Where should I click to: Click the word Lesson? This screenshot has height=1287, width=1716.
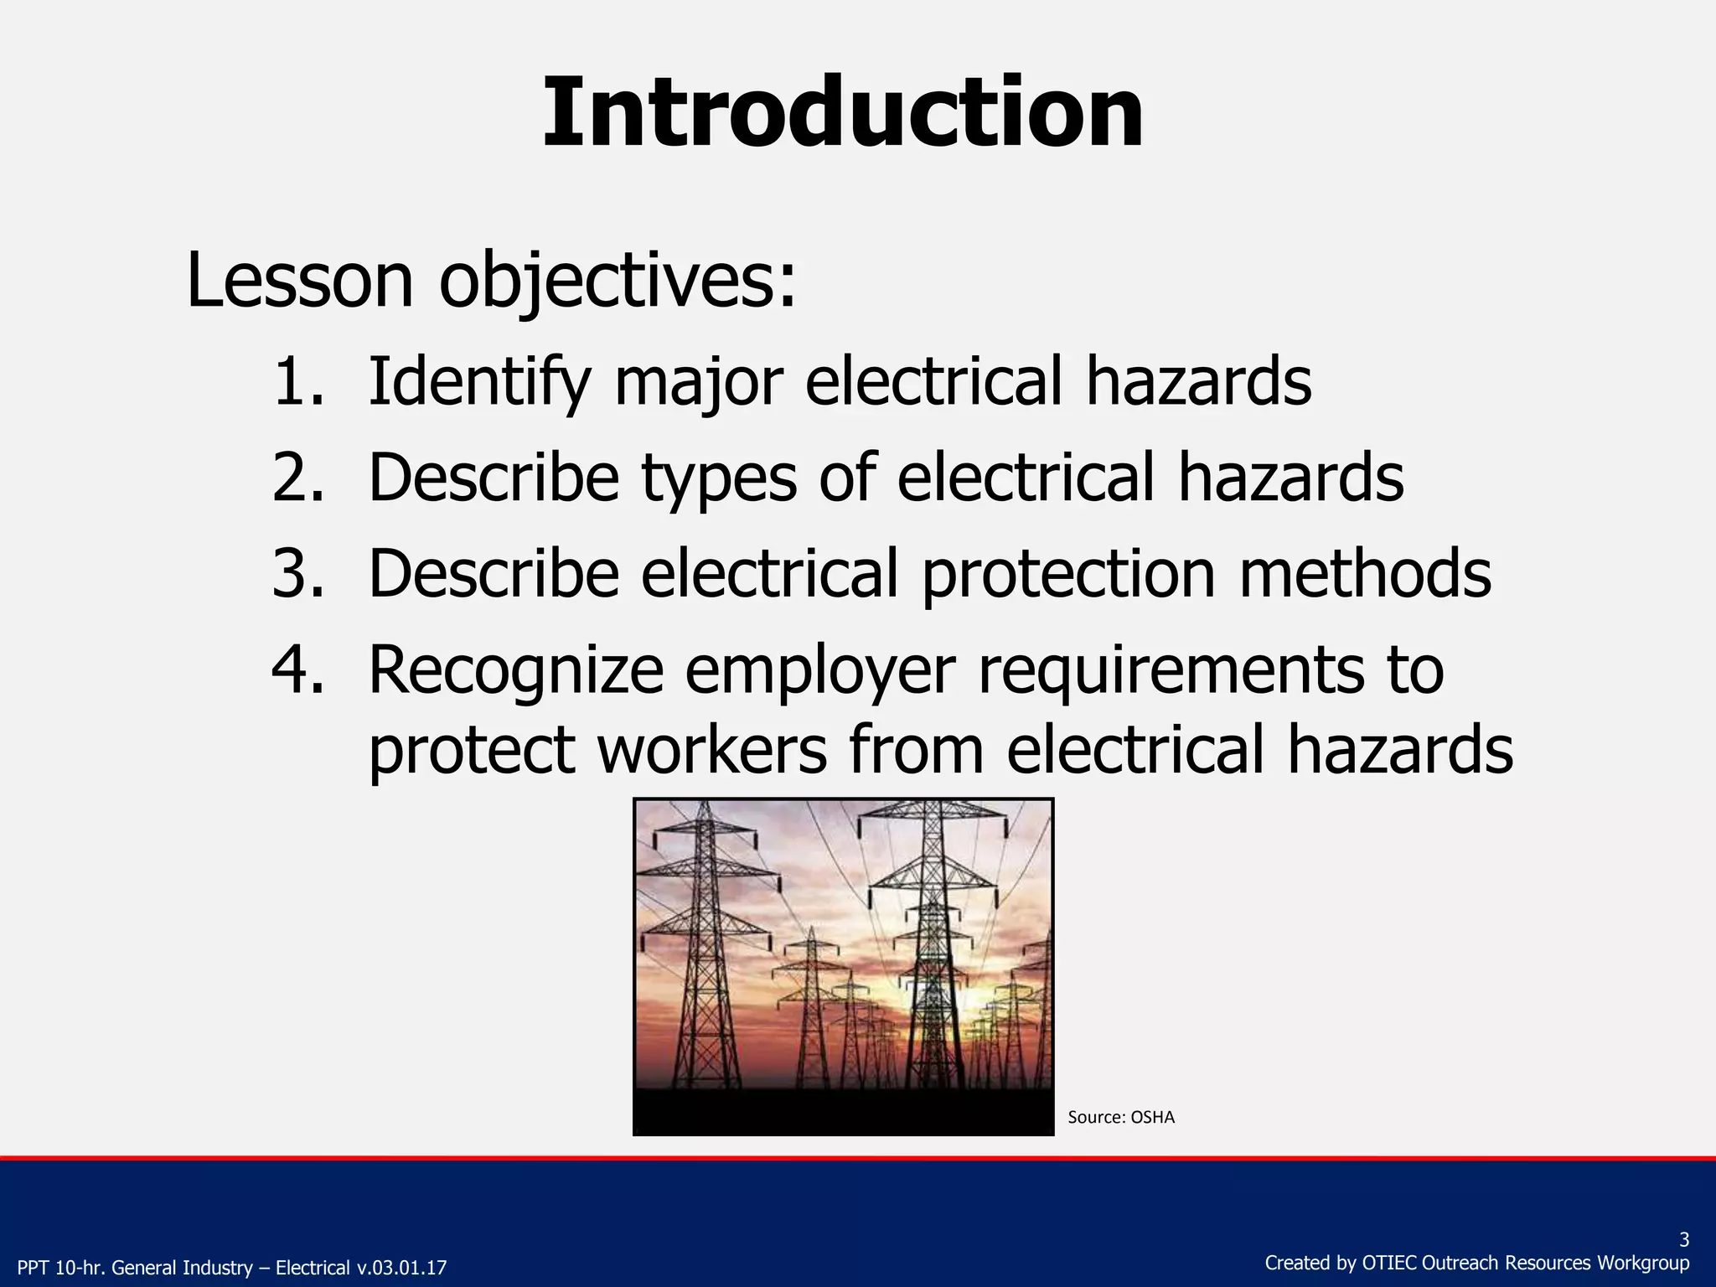pyautogui.click(x=299, y=280)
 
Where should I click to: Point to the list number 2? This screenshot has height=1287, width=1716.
pyautogui.click(x=297, y=478)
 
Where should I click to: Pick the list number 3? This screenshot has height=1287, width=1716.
pyautogui.click(x=297, y=574)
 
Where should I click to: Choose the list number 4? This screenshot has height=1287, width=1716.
pyautogui.click(x=297, y=670)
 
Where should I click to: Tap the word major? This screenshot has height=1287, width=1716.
pyautogui.click(x=698, y=383)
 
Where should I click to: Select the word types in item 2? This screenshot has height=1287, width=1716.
pyautogui.click(x=719, y=479)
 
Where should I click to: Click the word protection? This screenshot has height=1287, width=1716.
pyautogui.click(x=1068, y=576)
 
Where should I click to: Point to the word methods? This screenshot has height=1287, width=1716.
pyautogui.click(x=1365, y=574)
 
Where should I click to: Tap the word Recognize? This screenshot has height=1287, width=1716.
pyautogui.click(x=515, y=672)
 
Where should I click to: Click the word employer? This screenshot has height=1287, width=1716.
pyautogui.click(x=820, y=672)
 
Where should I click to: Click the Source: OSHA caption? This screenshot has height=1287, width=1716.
pyautogui.click(x=1121, y=1118)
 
